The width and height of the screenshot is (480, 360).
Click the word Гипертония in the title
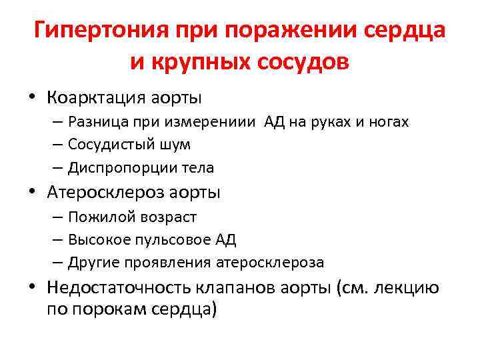tap(101, 31)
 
